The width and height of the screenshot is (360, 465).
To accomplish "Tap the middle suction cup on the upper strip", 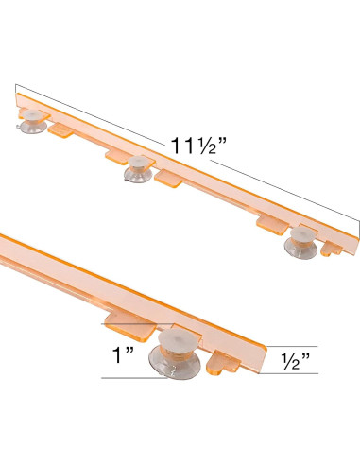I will click(x=138, y=168).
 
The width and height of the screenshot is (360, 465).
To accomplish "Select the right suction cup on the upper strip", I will click(x=303, y=241).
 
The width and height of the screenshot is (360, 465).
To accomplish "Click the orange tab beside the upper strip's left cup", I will click(x=60, y=128).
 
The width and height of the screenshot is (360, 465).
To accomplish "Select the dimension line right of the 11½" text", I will click(x=283, y=193).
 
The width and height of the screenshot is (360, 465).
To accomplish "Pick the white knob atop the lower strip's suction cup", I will click(x=177, y=341).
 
